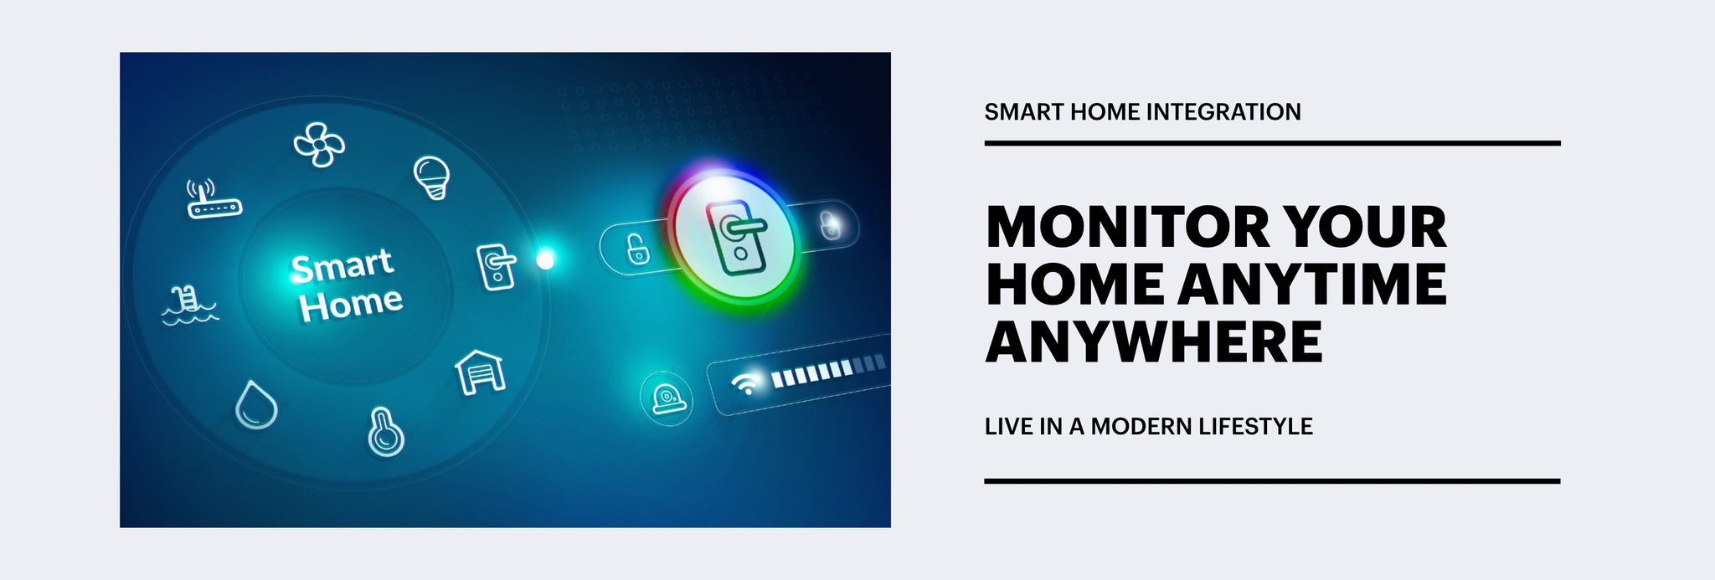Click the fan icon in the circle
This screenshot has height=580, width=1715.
318,145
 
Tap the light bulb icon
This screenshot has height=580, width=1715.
432,177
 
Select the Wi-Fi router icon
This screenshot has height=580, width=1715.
213,200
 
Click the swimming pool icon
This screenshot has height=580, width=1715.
189,305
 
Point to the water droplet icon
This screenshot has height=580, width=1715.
255,406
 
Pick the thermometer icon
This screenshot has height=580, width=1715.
385,432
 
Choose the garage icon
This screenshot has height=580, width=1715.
480,372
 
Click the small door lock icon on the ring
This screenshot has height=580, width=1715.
496,267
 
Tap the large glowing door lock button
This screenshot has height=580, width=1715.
735,239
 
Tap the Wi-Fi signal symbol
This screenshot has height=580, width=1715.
744,382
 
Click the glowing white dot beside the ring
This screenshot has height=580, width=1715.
545,260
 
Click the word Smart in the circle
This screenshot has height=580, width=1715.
342,266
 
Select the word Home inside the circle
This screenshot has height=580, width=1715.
352,304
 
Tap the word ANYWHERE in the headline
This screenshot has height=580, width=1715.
1154,341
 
